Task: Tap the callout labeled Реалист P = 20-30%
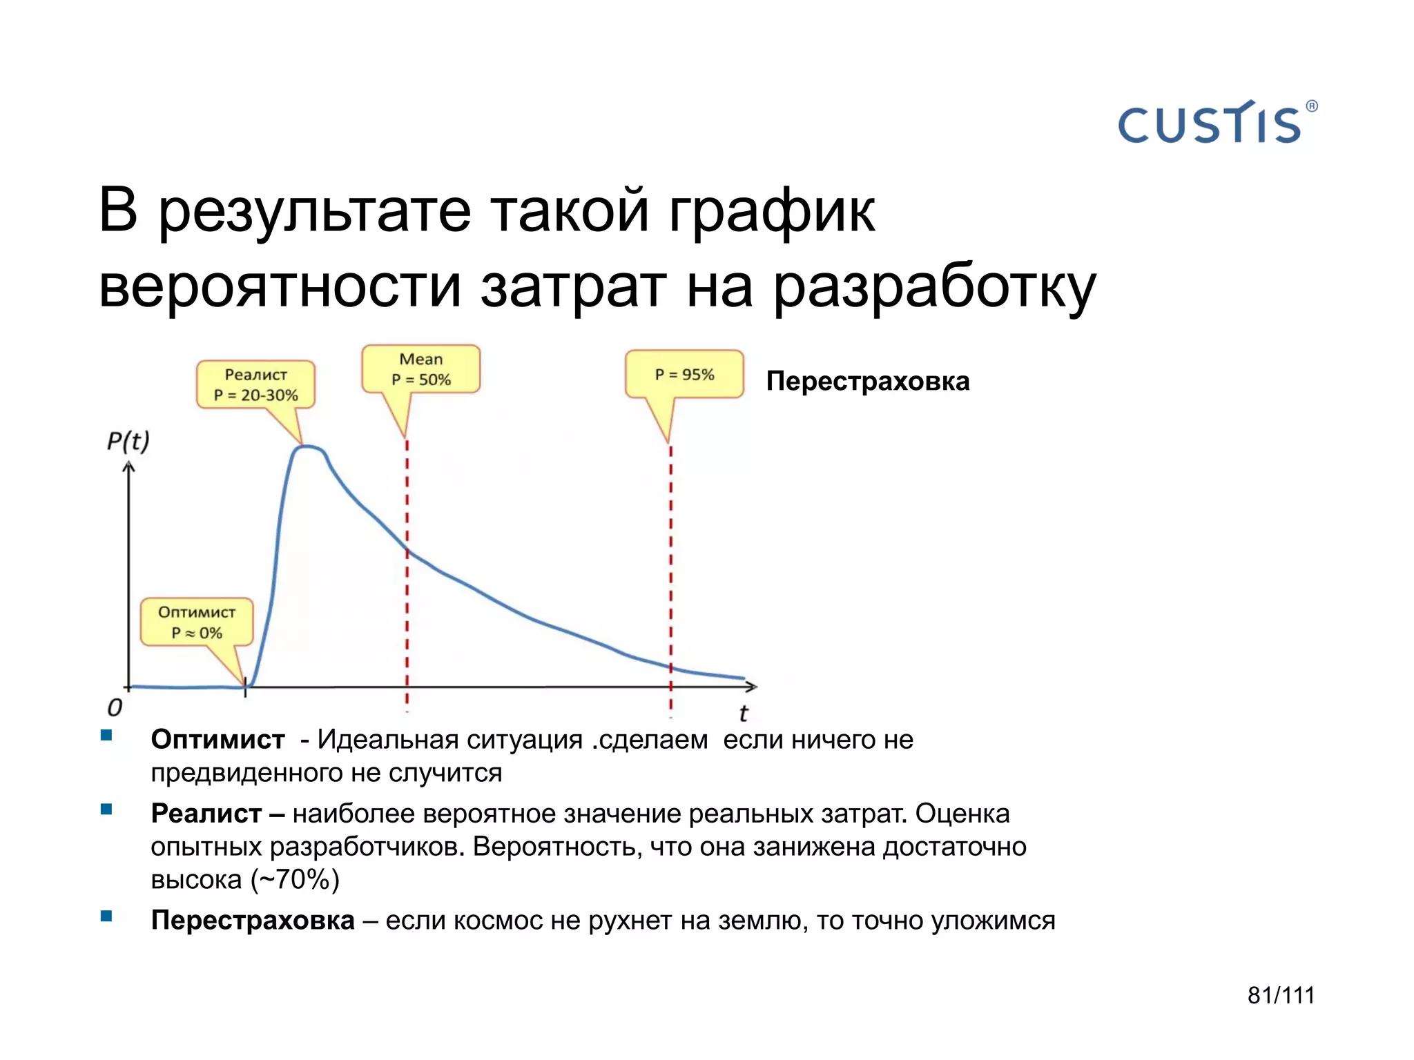point(255,385)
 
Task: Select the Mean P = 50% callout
point(420,369)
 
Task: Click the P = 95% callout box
point(684,375)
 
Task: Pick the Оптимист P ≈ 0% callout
point(197,622)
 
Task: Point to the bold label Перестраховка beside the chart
point(867,381)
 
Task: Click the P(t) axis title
point(128,441)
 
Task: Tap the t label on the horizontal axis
point(743,713)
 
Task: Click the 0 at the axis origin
point(115,707)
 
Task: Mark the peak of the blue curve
point(308,447)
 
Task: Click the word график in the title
point(771,212)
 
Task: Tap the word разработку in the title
point(933,287)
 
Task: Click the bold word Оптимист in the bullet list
point(217,740)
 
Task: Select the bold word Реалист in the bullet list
point(206,814)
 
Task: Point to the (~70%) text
point(296,880)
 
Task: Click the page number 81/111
point(1281,995)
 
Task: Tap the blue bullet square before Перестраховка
point(106,916)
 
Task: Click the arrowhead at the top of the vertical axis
point(128,467)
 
